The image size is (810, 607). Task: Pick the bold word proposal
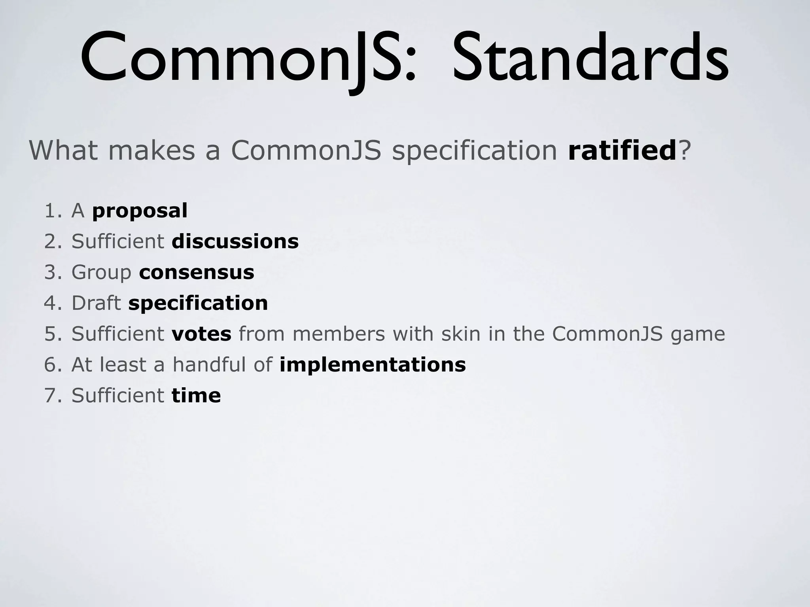140,211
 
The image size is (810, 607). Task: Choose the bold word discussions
235,241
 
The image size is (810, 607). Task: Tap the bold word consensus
197,272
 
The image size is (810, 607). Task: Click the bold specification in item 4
198,303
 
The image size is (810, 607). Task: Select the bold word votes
201,334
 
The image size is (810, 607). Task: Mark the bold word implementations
373,364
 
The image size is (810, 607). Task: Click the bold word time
196,395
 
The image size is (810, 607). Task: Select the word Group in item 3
101,272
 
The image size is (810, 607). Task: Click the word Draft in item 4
96,303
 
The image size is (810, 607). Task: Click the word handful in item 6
209,364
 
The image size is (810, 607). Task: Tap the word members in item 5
339,334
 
